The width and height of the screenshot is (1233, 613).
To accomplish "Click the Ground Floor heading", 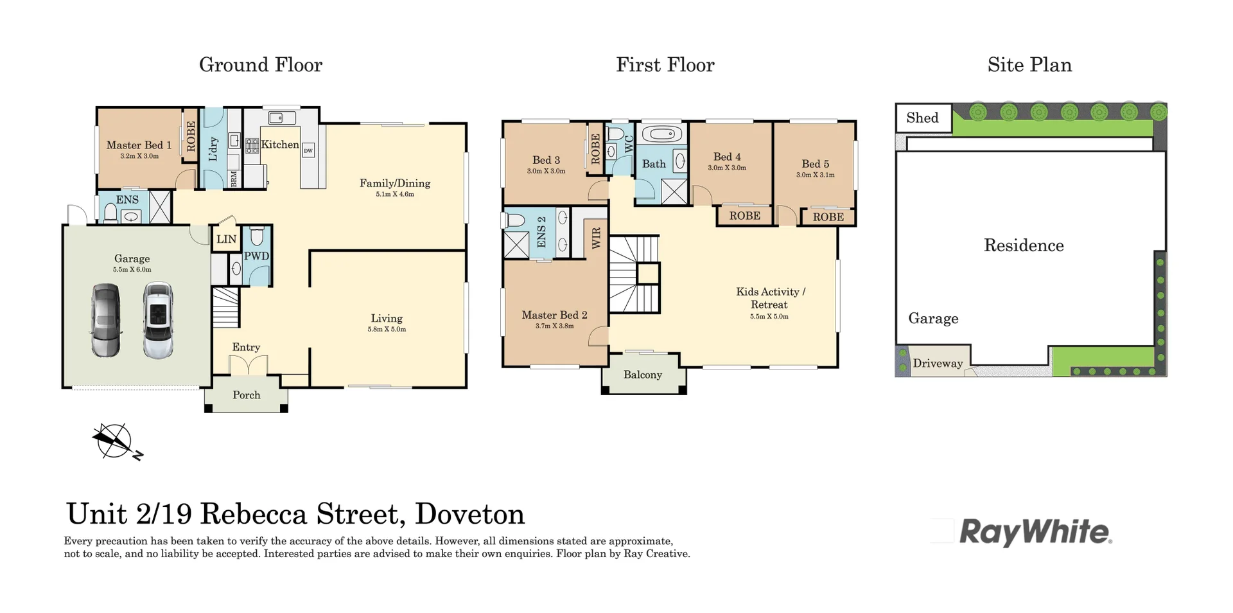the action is [261, 65].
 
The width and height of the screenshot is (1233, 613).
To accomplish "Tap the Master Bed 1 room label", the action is [139, 145].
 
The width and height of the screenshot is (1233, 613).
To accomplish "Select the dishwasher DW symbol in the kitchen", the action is [308, 150].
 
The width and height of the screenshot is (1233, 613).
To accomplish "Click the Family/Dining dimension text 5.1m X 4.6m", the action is [395, 194].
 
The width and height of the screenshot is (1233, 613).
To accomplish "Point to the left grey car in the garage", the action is [106, 320].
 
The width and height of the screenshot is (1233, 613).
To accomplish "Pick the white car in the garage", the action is [158, 320].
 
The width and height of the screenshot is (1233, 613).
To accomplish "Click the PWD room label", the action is [256, 256].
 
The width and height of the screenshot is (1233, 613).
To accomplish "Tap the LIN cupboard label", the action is [226, 239].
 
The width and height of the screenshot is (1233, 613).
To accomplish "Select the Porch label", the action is [247, 395].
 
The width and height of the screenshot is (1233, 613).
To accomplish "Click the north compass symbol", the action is [116, 442].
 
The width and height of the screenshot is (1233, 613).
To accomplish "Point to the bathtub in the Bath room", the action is [662, 134].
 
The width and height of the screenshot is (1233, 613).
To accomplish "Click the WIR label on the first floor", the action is [597, 238].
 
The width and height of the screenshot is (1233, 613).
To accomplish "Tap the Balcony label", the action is [642, 375].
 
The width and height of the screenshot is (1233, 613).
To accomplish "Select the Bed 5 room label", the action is [816, 164].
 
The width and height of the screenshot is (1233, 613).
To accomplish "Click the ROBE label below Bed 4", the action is [745, 216].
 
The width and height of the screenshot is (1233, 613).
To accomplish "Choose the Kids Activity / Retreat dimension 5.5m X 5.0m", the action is [769, 316].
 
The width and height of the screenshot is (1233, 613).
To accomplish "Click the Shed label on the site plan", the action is [922, 118].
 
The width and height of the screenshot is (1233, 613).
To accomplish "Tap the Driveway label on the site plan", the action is [938, 363].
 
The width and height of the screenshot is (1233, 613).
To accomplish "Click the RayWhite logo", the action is [1035, 533].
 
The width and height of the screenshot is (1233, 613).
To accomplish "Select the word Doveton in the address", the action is [470, 514].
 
